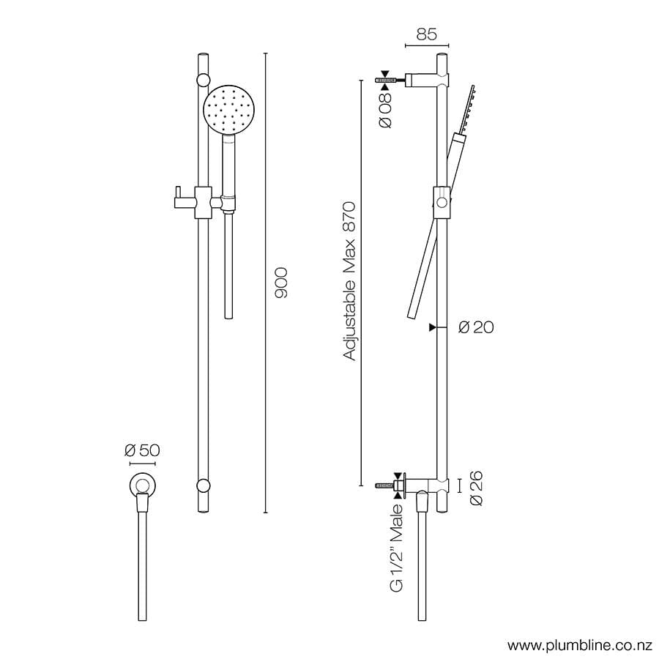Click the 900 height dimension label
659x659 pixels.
282,282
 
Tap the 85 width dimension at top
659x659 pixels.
426,34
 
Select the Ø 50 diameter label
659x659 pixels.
142,450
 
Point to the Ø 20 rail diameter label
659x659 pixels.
476,327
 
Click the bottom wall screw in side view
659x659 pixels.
384,485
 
